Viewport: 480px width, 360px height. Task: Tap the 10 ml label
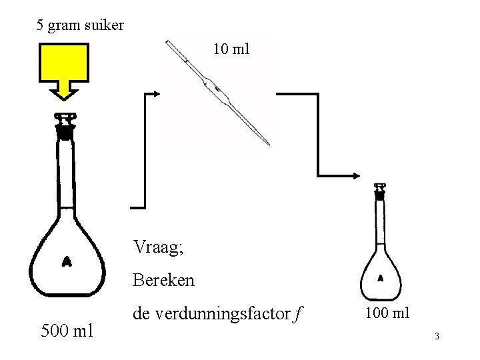(x=231, y=48)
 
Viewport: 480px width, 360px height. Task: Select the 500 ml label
(x=67, y=329)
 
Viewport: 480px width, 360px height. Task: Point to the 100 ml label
(x=387, y=313)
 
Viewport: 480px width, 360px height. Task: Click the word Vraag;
(x=159, y=248)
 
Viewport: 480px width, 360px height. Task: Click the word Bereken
(x=164, y=279)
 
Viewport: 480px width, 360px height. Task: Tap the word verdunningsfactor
(x=209, y=312)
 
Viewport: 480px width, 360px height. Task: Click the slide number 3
(x=436, y=336)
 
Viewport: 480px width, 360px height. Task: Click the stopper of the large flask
(x=65, y=127)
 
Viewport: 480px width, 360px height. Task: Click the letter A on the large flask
(x=67, y=261)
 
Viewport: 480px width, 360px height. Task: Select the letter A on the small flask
(x=381, y=277)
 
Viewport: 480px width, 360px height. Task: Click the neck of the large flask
(x=65, y=173)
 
